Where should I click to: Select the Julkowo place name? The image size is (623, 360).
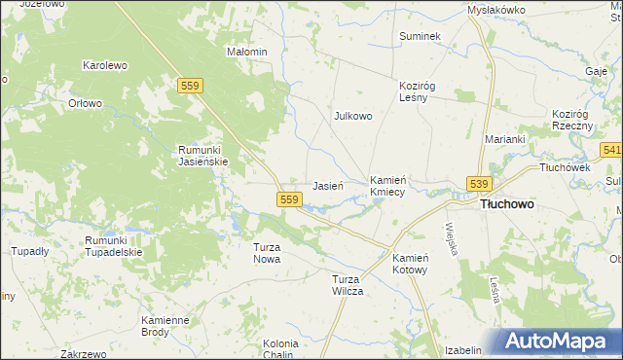click(x=353, y=116)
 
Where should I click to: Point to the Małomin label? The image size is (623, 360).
click(x=247, y=52)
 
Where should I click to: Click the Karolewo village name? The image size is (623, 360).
click(x=105, y=66)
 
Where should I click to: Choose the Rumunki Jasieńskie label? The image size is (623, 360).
click(x=202, y=156)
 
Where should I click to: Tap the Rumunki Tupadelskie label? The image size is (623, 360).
click(x=114, y=246)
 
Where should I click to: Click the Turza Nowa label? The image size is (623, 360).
click(x=267, y=253)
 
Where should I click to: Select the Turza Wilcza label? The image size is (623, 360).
click(x=348, y=285)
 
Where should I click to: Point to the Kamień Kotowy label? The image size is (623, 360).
click(x=410, y=263)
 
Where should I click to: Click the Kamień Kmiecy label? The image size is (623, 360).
click(x=393, y=187)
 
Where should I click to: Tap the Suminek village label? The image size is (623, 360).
click(x=421, y=36)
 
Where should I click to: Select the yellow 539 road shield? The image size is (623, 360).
click(x=478, y=184)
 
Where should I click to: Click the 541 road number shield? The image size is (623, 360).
click(x=611, y=150)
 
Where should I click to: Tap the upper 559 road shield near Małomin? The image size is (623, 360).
click(x=191, y=87)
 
